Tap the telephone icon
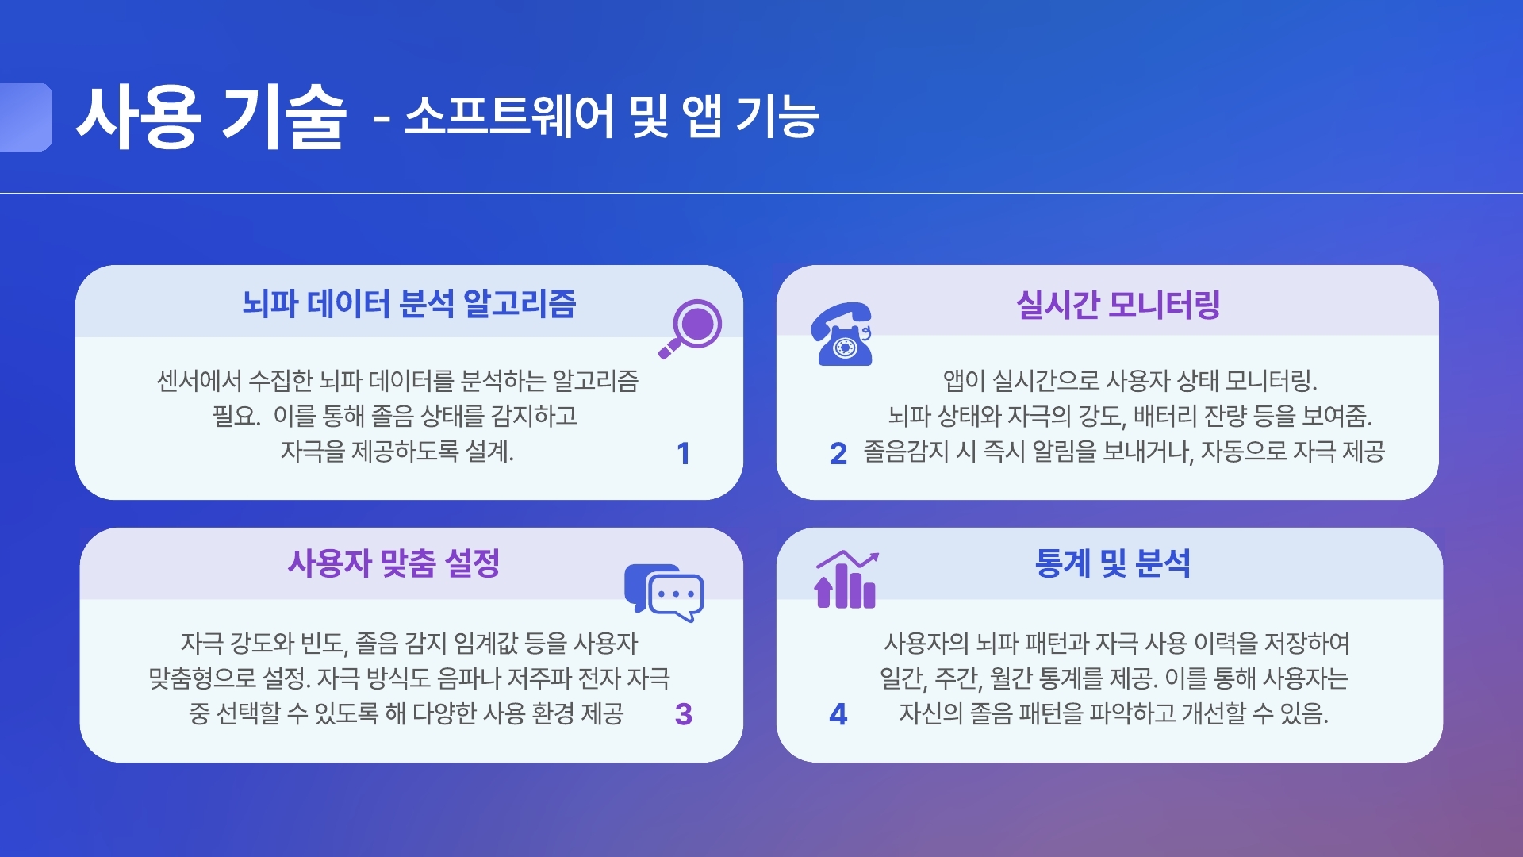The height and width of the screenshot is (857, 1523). [842, 334]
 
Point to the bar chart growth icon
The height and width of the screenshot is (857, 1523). [846, 580]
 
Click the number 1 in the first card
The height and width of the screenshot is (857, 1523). [683, 454]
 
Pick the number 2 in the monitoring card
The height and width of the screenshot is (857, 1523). [838, 454]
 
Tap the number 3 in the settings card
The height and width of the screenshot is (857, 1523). [684, 714]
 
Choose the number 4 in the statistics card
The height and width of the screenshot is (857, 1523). [838, 714]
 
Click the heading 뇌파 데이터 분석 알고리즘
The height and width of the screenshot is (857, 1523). [409, 303]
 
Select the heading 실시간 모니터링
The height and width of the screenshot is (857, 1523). [1118, 304]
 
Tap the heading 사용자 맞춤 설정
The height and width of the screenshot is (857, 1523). [394, 563]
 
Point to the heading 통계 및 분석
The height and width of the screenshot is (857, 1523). [1113, 563]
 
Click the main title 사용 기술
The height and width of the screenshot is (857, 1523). [212, 117]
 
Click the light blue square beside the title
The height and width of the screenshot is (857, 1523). [25, 117]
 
